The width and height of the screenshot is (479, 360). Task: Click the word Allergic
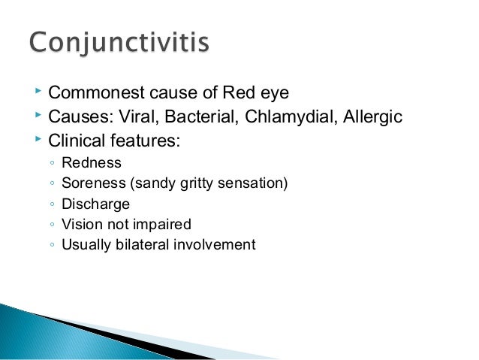point(370,116)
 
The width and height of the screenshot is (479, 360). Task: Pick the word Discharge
point(95,204)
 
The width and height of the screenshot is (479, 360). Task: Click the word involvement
point(218,244)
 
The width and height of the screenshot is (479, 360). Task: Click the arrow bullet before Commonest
point(38,92)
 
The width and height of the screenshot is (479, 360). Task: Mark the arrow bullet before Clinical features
point(38,139)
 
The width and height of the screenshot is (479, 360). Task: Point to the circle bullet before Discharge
point(50,204)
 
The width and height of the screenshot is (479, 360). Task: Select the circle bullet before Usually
point(50,245)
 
